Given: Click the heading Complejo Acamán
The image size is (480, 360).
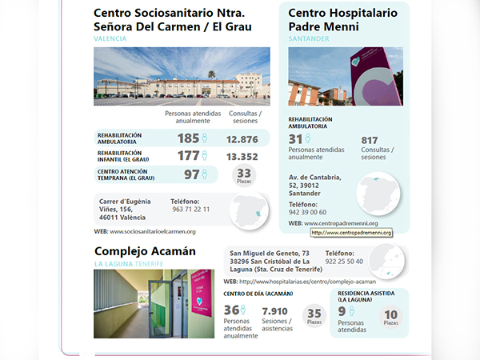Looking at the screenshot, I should [x=144, y=250].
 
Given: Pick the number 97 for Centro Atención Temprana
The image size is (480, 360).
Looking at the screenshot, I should [x=191, y=174].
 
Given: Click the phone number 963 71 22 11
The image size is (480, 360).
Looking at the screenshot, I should [x=190, y=210].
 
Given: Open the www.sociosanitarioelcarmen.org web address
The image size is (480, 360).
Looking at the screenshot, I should [x=152, y=232].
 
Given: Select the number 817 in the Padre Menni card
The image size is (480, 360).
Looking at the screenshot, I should [x=370, y=140].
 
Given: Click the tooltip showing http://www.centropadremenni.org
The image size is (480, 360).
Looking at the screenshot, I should [x=351, y=233].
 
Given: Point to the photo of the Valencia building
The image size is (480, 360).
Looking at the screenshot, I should [x=182, y=77].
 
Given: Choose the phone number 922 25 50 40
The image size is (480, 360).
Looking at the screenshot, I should [x=344, y=262].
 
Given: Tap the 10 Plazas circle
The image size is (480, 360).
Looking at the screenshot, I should [x=390, y=315].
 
